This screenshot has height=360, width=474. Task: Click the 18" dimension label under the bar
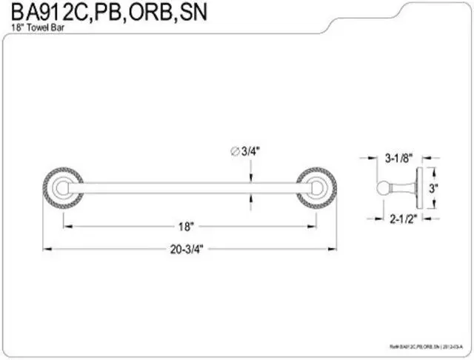[186, 225]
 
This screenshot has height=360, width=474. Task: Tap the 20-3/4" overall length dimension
[186, 249]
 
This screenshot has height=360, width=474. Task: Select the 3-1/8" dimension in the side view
[398, 158]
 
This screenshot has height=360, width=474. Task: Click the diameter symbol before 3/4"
[235, 151]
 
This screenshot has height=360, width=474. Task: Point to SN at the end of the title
[192, 13]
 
